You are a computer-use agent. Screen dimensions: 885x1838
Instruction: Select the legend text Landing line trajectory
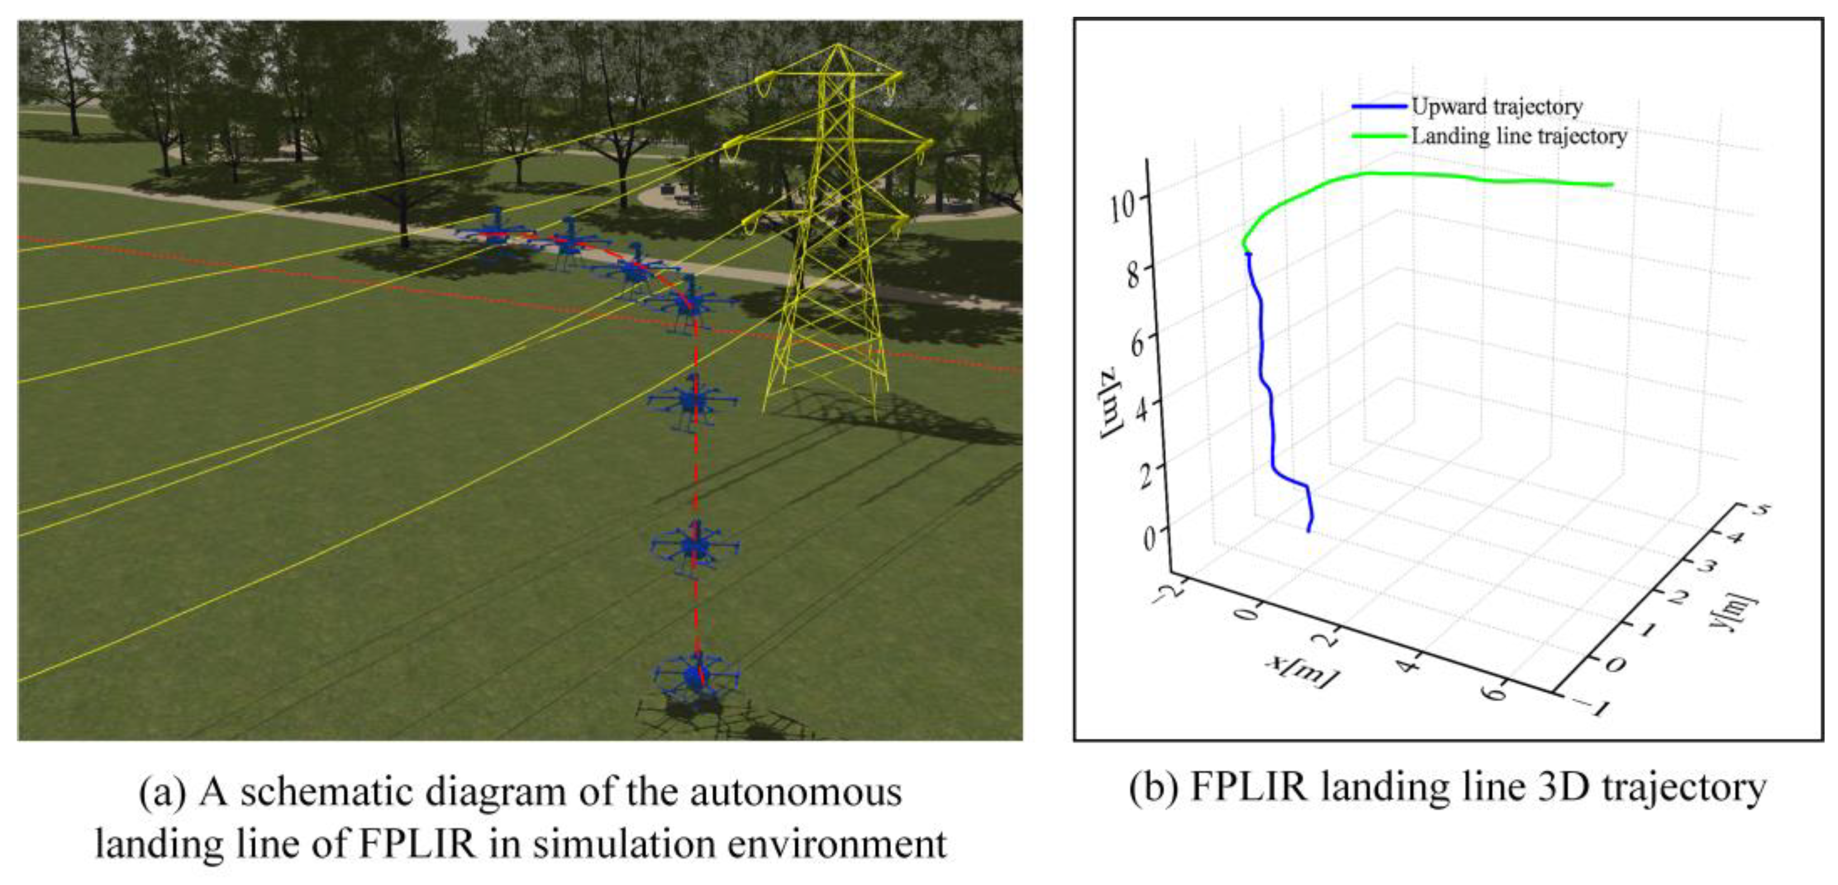(x=1518, y=136)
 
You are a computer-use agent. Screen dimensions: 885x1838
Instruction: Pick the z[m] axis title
(x=1112, y=403)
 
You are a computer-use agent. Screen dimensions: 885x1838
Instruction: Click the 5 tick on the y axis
(x=1761, y=510)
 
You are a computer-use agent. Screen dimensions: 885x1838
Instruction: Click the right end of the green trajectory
(x=1611, y=185)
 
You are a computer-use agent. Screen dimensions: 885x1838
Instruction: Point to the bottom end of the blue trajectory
(x=1308, y=530)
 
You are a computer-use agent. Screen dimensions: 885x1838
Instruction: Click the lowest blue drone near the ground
(x=696, y=674)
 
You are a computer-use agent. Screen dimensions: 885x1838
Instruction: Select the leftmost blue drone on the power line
(x=494, y=232)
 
